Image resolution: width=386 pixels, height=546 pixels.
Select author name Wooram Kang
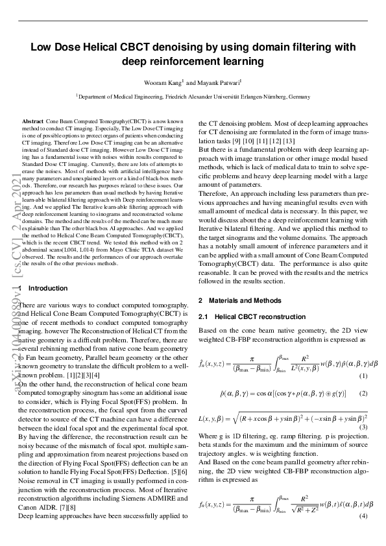[163, 82]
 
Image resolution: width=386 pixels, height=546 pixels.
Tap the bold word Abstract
[32, 121]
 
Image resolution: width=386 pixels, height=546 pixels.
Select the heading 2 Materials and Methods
[239, 300]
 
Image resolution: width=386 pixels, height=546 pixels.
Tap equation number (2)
[363, 394]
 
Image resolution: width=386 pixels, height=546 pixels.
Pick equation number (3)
[363, 426]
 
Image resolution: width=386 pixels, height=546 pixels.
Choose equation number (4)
[363, 516]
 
